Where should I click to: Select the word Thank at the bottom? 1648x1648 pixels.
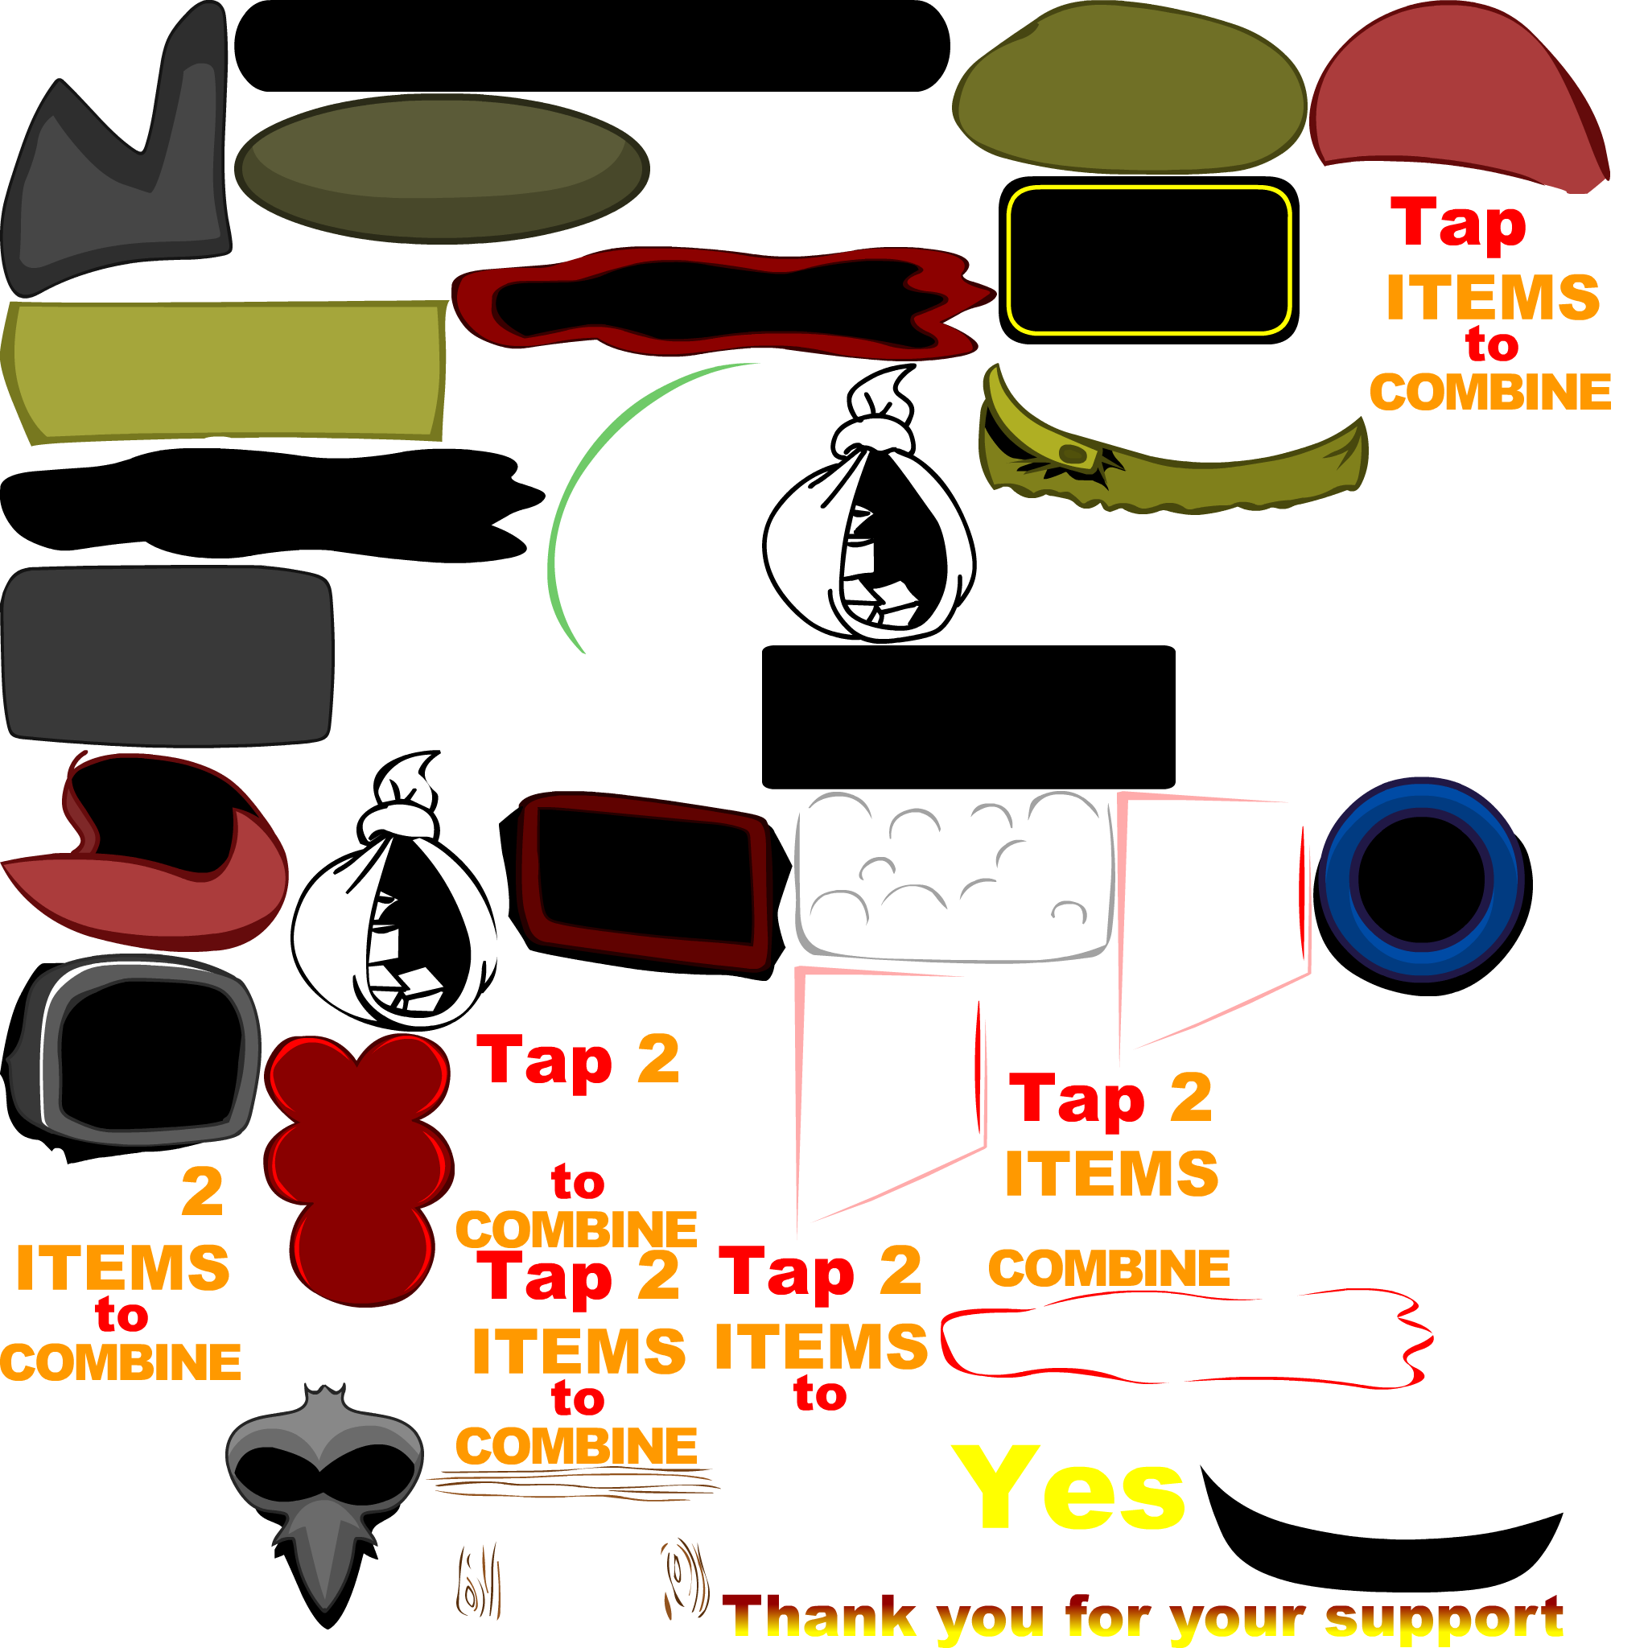coord(819,1614)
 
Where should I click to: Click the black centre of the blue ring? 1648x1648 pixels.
coord(1421,879)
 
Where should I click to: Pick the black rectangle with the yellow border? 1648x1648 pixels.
coord(1148,260)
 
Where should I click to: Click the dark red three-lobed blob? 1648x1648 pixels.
coord(358,1168)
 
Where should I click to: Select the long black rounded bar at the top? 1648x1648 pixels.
coord(592,45)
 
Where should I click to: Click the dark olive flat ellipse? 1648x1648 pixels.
coord(442,168)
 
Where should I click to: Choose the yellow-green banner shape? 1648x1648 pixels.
coord(225,372)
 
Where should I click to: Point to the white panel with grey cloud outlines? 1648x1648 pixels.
coord(954,876)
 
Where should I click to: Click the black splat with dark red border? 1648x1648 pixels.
coord(723,302)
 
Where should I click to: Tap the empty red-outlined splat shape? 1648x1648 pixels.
coord(1185,1337)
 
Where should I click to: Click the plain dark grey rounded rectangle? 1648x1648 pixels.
coord(167,656)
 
